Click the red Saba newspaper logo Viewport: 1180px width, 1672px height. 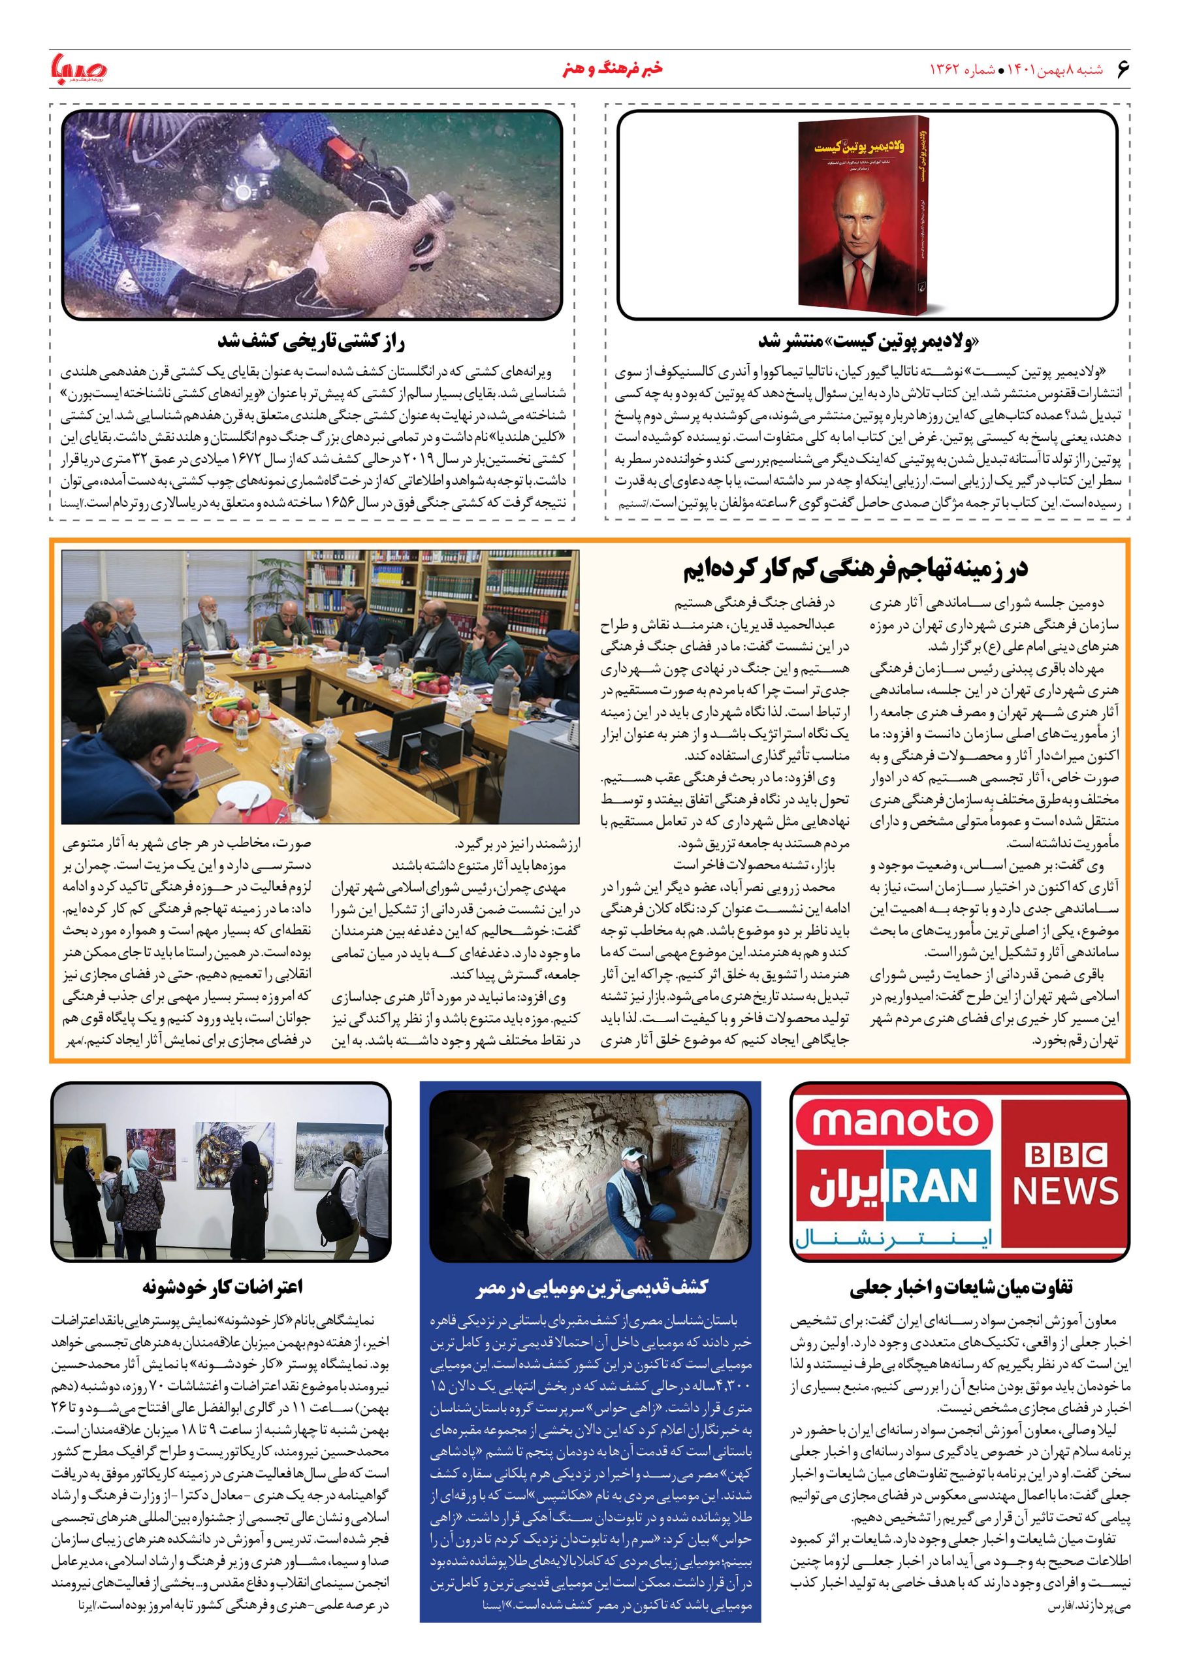[x=78, y=70]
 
